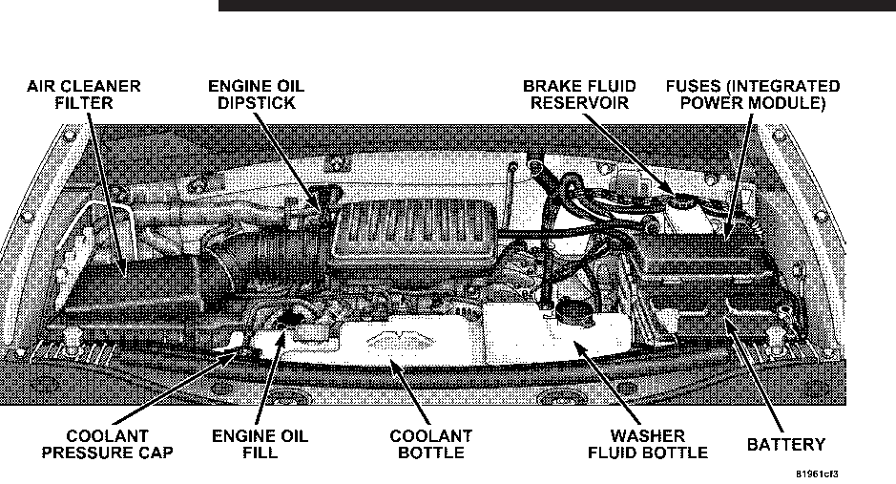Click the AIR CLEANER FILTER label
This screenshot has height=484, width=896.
(83, 95)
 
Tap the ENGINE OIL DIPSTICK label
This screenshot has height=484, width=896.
(257, 95)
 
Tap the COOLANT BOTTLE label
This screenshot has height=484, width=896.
(429, 444)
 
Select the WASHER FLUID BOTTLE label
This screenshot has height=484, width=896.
(647, 444)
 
